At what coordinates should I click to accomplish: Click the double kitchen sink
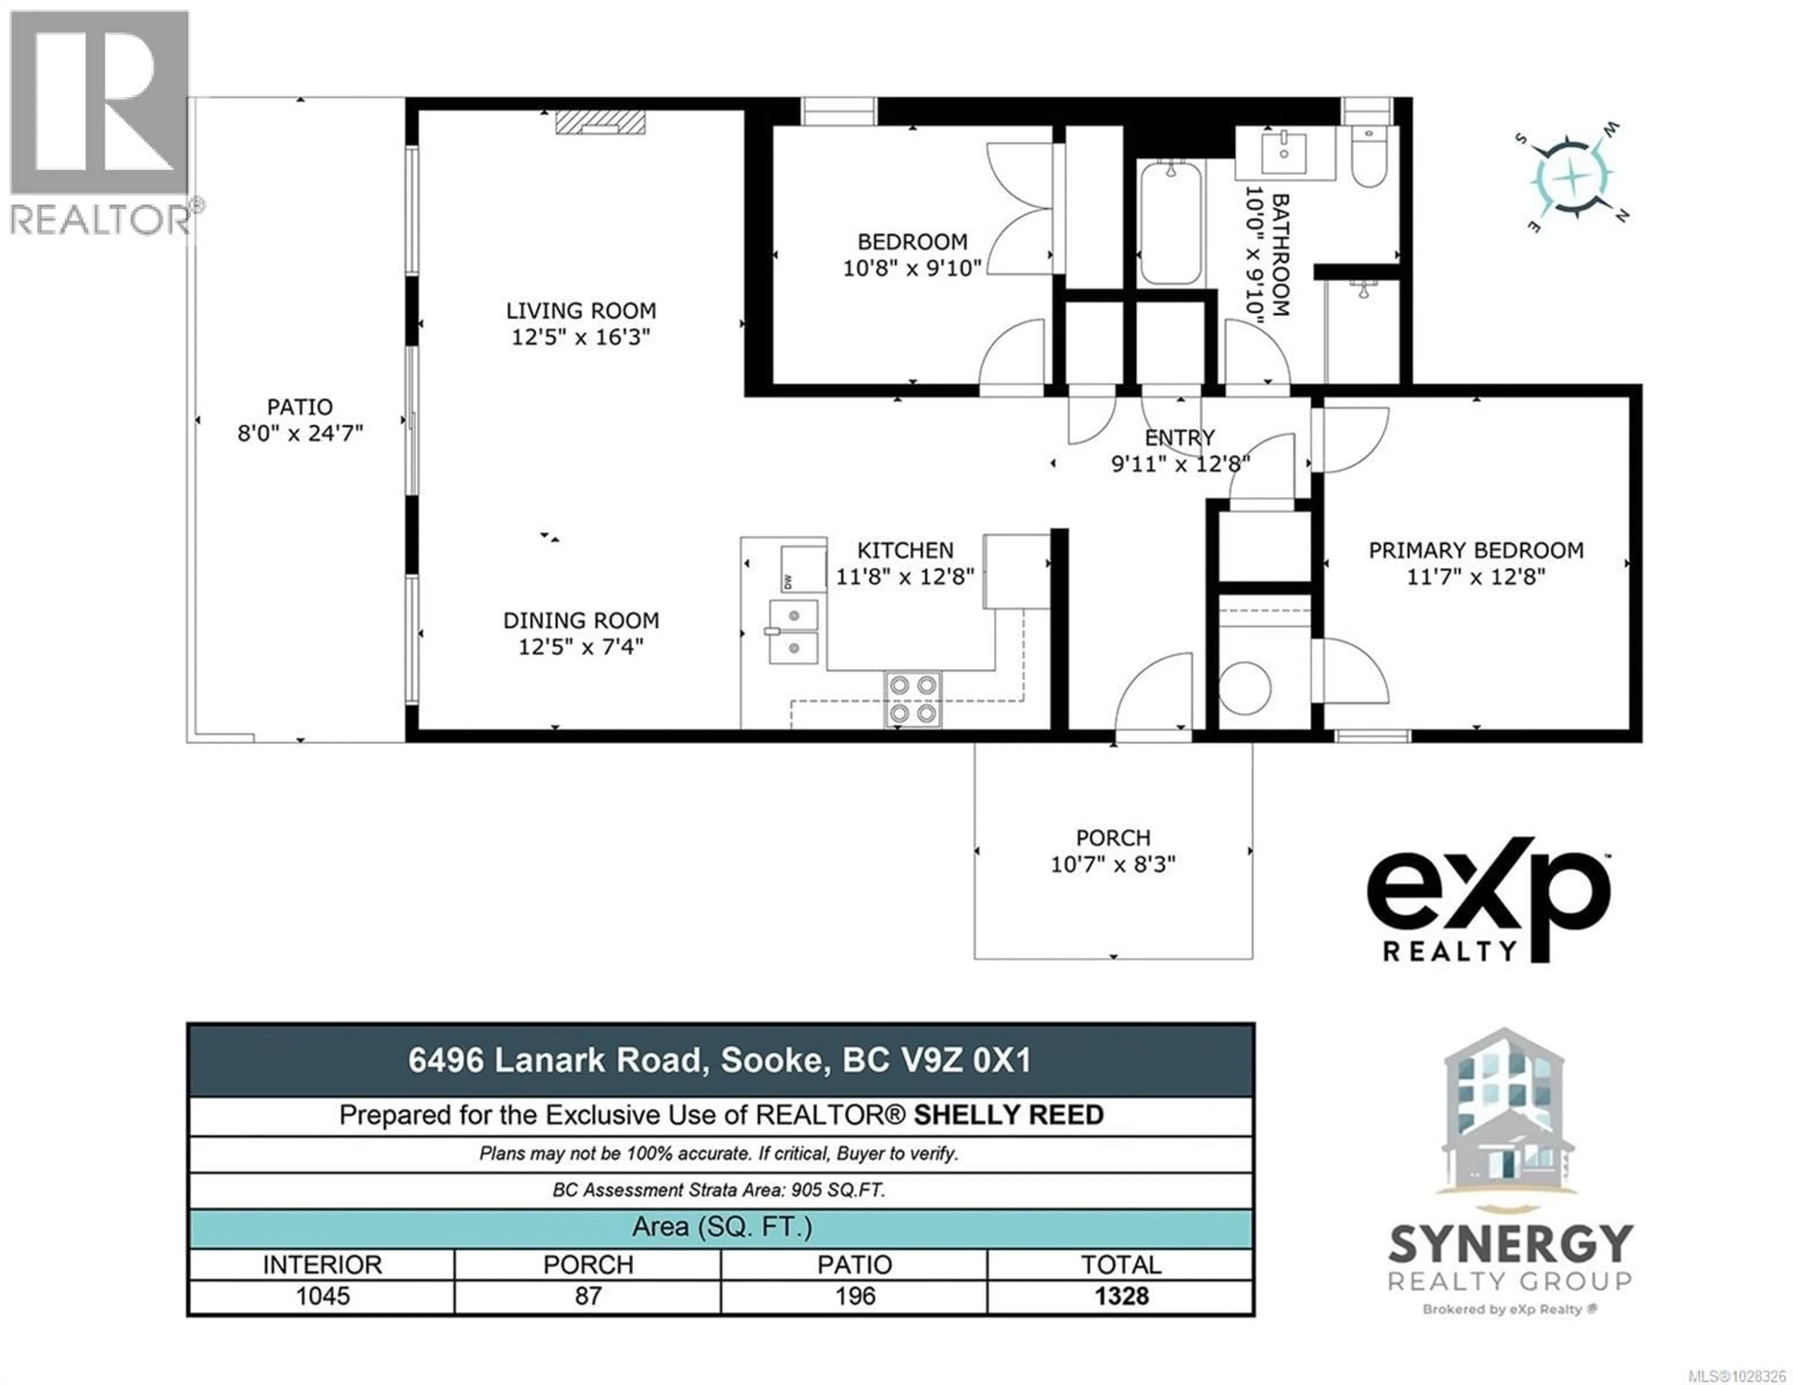[x=793, y=631]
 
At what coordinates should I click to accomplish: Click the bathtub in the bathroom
[x=1169, y=222]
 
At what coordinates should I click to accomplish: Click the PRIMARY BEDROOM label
[x=1475, y=551]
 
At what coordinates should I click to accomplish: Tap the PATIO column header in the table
[x=854, y=1264]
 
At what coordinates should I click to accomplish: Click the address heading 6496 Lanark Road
[x=719, y=1060]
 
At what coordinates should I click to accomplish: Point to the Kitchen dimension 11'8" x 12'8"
[x=905, y=577]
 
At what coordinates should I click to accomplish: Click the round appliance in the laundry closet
[x=1244, y=687]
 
